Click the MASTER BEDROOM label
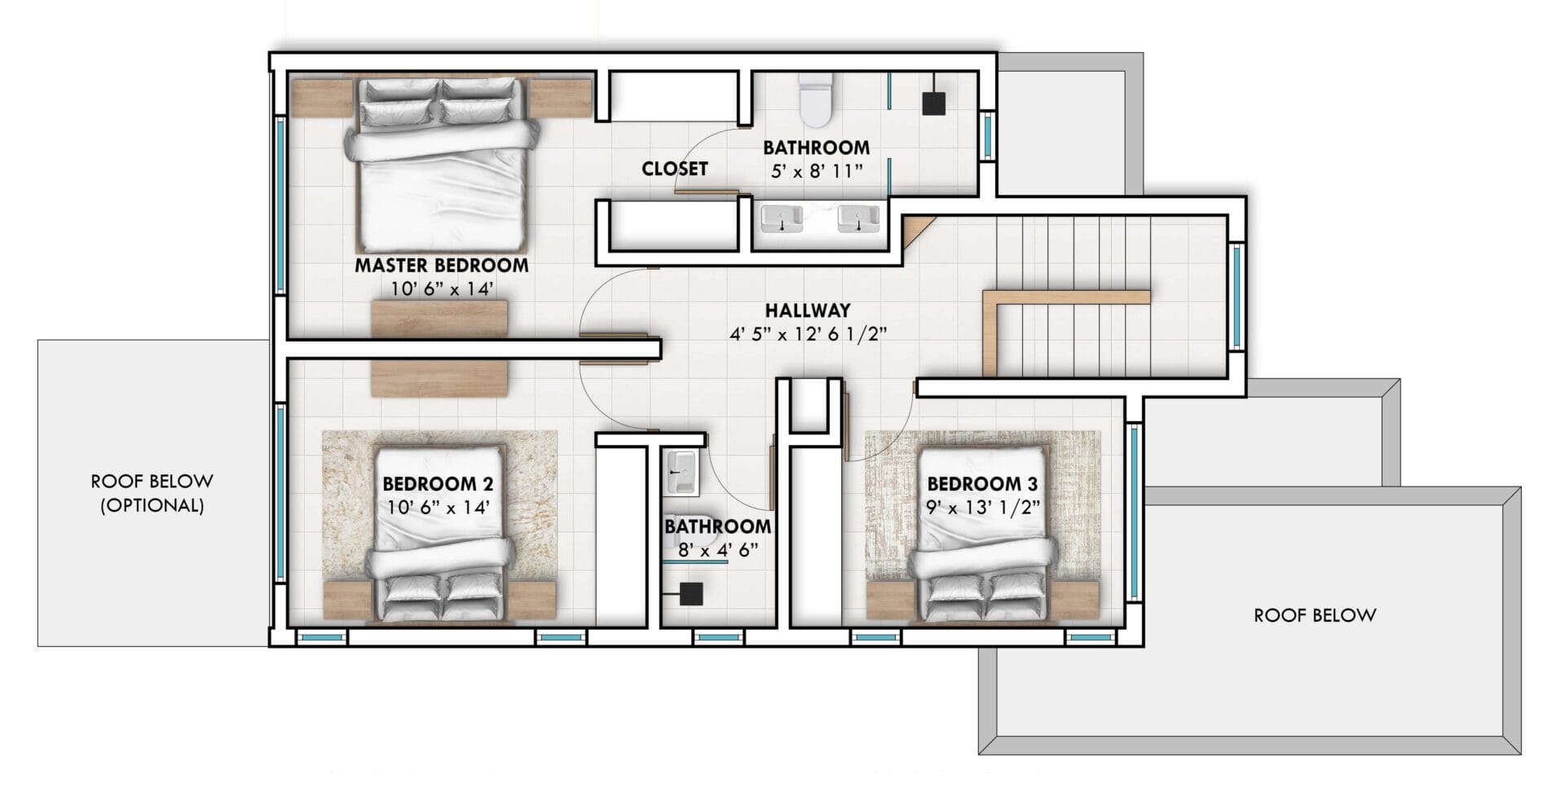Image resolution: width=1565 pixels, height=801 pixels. pos(441,266)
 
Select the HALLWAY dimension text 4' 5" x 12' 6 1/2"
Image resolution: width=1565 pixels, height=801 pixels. pos(807,335)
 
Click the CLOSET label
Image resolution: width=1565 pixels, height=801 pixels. pos(674,169)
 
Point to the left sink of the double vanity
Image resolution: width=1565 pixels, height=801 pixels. pos(782,219)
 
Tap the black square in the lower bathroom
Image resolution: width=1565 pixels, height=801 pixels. pos(691,594)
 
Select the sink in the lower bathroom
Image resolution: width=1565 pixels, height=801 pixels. pos(681,473)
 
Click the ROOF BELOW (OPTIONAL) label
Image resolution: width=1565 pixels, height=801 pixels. pos(152,493)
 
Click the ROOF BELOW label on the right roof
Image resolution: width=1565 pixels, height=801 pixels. pos(1314,615)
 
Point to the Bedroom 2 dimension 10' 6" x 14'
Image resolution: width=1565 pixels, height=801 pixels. pos(439,508)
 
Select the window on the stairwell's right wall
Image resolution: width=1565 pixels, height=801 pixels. pos(1237,297)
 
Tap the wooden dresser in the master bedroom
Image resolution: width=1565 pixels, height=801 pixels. pos(439,319)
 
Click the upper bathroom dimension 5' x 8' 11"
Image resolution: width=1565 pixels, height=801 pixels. pos(816,172)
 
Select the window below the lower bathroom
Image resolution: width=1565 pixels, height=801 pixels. pos(716,638)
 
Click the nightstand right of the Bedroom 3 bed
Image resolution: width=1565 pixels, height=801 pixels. pos(1078,601)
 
